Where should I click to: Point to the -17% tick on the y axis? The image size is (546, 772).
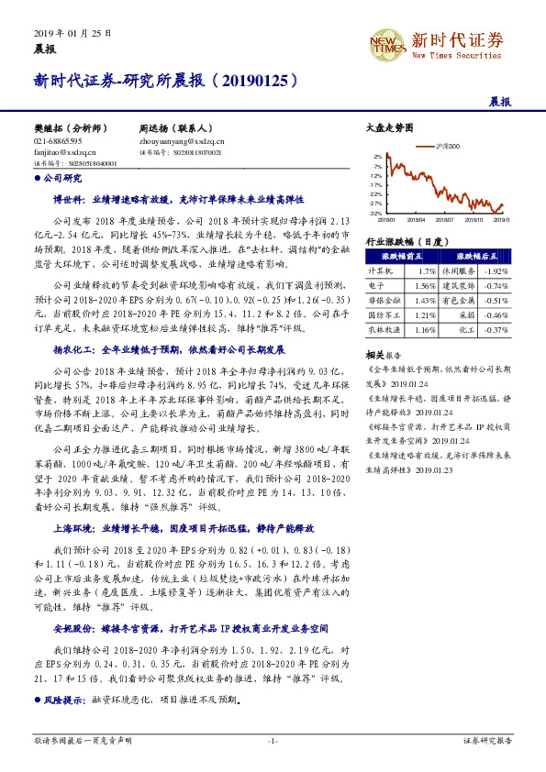(x=376, y=193)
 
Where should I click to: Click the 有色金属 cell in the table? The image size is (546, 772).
(x=458, y=300)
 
